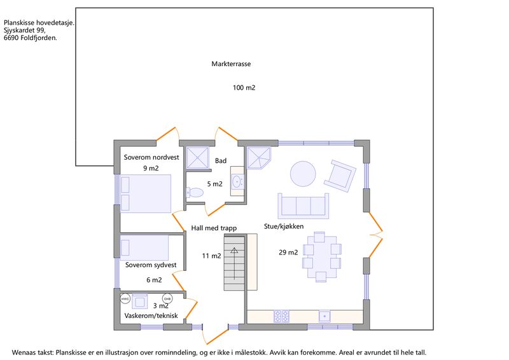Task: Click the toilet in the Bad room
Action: (x=194, y=192)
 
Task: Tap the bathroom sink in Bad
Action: (x=237, y=181)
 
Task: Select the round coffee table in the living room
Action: (x=303, y=174)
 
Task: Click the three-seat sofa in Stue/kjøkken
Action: (x=303, y=206)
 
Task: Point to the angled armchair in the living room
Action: (x=340, y=176)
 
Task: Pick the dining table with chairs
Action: (x=321, y=257)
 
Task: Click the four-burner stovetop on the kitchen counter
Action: (x=281, y=316)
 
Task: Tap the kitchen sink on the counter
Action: (x=324, y=316)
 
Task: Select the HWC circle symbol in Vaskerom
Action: (x=125, y=299)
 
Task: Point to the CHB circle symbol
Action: (x=167, y=299)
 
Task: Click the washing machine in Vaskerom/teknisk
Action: (x=139, y=301)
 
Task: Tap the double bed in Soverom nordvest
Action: (x=146, y=193)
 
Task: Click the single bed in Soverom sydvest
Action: (x=144, y=247)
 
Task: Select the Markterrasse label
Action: (x=231, y=64)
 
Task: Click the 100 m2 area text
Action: (x=244, y=88)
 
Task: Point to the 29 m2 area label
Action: (x=288, y=253)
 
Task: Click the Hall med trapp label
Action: (x=214, y=228)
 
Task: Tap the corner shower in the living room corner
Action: (x=258, y=158)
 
